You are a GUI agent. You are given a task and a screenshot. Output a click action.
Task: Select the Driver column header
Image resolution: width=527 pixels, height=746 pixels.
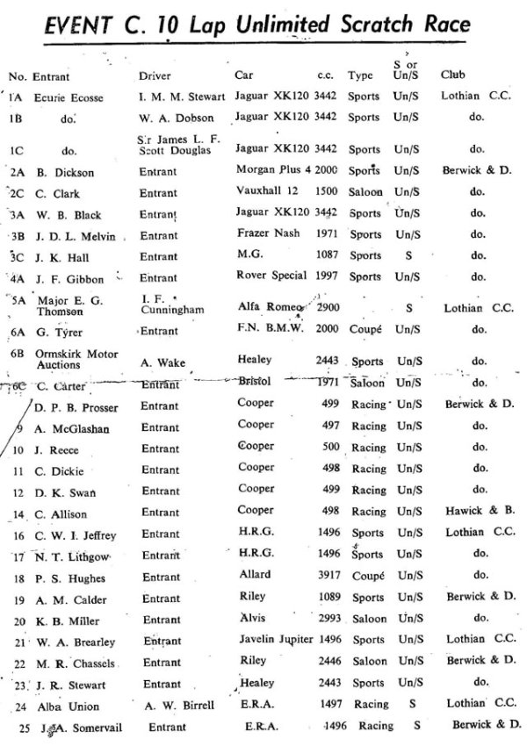155,75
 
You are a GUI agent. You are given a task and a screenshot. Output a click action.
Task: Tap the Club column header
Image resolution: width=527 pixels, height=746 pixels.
453,75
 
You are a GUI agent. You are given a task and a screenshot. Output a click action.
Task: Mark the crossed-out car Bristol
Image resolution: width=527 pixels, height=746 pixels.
254,382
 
